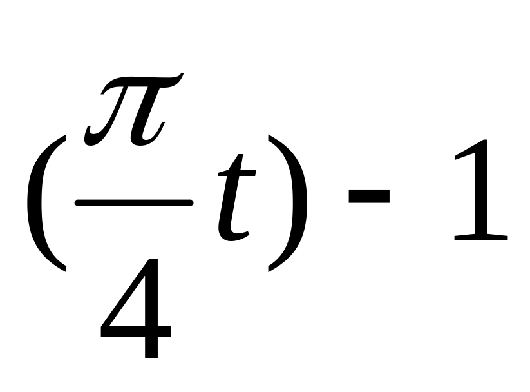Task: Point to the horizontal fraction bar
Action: (x=134, y=202)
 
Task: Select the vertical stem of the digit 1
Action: (x=483, y=193)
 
